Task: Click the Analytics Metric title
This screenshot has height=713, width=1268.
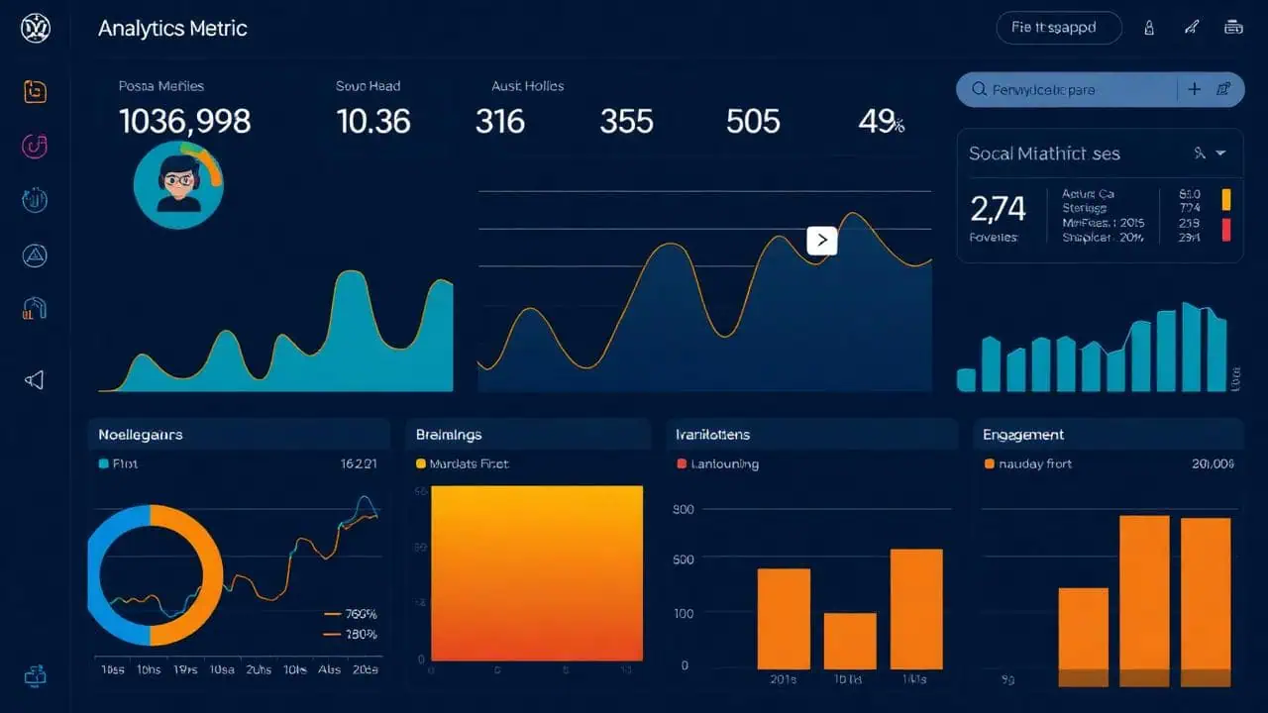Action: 172,28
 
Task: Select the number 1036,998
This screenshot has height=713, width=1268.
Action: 184,122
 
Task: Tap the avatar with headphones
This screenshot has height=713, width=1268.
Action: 178,184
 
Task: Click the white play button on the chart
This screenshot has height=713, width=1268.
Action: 822,241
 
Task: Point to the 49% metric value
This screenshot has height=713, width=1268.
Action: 881,122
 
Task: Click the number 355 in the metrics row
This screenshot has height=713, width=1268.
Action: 626,122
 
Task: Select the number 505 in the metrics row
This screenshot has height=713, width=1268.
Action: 753,122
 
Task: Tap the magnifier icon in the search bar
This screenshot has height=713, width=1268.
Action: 980,90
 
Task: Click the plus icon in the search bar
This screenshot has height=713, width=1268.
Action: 1194,89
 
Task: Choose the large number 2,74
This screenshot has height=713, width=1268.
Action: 998,208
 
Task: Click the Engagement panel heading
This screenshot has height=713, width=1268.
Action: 1023,434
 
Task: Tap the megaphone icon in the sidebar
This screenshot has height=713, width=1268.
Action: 35,380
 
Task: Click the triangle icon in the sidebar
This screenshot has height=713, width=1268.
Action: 35,256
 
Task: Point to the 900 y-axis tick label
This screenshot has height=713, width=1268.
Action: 683,510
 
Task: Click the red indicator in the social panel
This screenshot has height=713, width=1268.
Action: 1226,230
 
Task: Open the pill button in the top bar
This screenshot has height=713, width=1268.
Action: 1058,28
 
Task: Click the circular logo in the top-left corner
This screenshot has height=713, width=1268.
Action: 35,28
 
